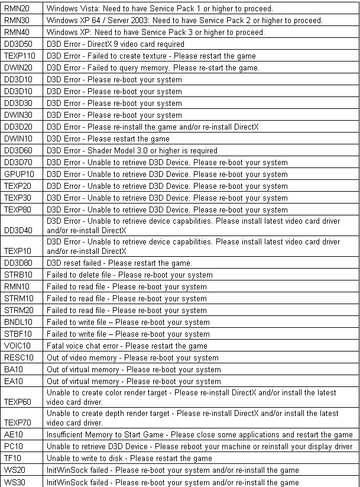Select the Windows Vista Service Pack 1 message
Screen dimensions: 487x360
click(x=159, y=9)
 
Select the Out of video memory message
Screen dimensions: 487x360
click(x=132, y=358)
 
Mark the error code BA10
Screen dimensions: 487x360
click(x=12, y=370)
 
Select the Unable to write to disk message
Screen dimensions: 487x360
click(x=129, y=459)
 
